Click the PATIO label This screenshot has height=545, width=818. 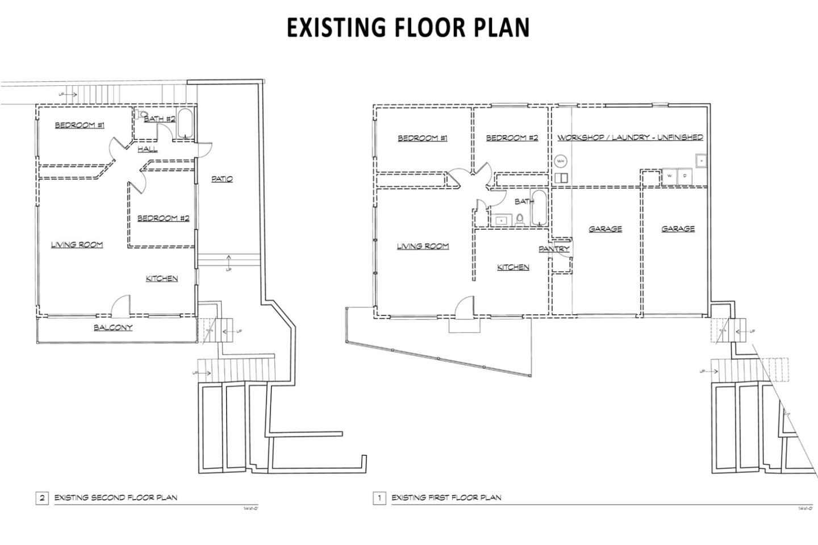coord(222,179)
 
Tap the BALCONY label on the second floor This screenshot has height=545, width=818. coord(113,327)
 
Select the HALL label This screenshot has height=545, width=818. coord(148,149)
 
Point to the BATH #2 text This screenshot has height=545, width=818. coord(159,119)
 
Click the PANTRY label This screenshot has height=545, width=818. coord(554,249)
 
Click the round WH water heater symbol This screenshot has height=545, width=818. coord(561,161)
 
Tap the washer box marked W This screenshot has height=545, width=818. coord(670,176)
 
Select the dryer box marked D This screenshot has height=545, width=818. coord(685,176)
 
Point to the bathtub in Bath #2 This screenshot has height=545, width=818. coord(185,124)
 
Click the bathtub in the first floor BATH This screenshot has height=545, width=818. coord(539,208)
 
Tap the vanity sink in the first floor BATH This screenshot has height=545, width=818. coord(501,219)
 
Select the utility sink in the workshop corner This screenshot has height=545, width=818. coord(700,161)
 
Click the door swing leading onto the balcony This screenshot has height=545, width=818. coord(120,307)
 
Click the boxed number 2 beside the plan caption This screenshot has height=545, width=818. coord(42,498)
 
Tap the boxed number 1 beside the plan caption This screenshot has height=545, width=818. coord(379,498)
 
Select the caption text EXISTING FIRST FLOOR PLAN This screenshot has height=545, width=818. coord(446,498)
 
